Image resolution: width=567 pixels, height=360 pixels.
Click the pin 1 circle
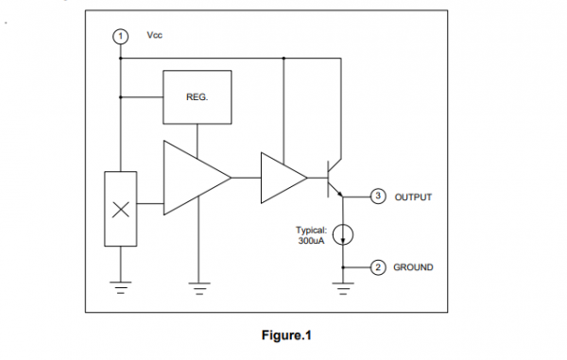pyautogui.click(x=120, y=35)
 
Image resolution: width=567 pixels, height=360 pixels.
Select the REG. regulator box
pyautogui.click(x=198, y=96)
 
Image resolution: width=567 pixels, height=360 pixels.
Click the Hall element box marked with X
pyautogui.click(x=120, y=209)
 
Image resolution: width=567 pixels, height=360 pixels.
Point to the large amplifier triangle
pyautogui.click(x=194, y=177)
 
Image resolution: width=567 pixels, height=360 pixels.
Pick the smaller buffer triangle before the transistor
pyautogui.click(x=281, y=177)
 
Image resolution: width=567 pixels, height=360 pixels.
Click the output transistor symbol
pyautogui.click(x=334, y=178)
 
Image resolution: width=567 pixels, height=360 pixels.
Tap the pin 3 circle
pyautogui.click(x=378, y=197)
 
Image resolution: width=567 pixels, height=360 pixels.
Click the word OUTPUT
pyautogui.click(x=413, y=197)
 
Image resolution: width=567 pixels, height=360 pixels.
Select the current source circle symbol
pyautogui.click(x=344, y=234)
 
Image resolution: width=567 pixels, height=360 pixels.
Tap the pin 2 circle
pyautogui.click(x=378, y=267)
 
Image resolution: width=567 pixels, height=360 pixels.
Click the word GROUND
pyautogui.click(x=413, y=267)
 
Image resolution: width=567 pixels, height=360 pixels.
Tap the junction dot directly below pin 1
pyautogui.click(x=120, y=58)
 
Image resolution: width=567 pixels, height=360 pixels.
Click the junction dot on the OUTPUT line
pyautogui.click(x=344, y=197)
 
